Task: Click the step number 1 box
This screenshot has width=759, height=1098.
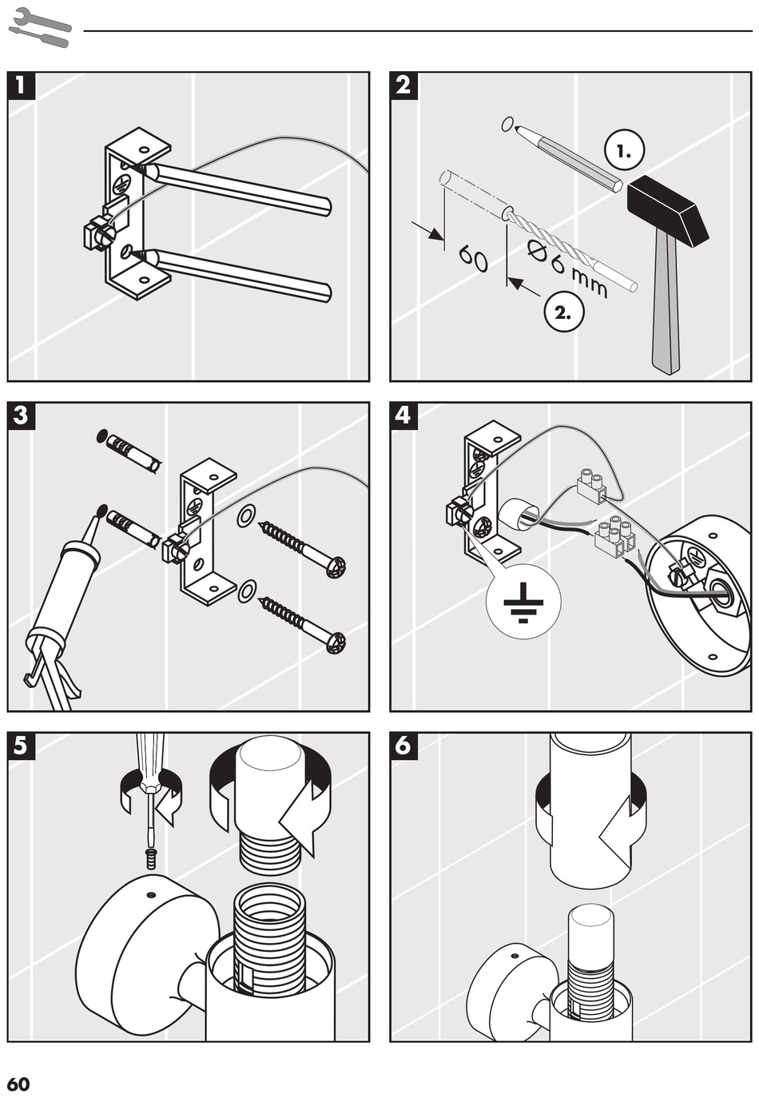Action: pyautogui.click(x=22, y=86)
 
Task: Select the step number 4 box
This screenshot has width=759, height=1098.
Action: pyautogui.click(x=403, y=416)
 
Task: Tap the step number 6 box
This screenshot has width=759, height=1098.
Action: pyautogui.click(x=403, y=746)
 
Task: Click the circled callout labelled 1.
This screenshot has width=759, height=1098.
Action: pyautogui.click(x=625, y=149)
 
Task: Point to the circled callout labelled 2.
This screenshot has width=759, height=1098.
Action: pyautogui.click(x=563, y=312)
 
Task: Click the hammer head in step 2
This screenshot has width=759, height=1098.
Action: pyautogui.click(x=667, y=210)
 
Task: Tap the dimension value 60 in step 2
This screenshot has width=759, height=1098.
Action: pyautogui.click(x=473, y=258)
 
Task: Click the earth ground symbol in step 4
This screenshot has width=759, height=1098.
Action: pyautogui.click(x=523, y=601)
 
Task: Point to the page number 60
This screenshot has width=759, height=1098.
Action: pyautogui.click(x=18, y=1084)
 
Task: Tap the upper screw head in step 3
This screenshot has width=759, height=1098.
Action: pyautogui.click(x=336, y=567)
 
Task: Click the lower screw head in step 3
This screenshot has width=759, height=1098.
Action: pyautogui.click(x=336, y=642)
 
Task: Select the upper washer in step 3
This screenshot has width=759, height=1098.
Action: pyautogui.click(x=247, y=515)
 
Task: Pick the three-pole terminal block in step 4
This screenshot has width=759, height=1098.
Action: pyautogui.click(x=614, y=537)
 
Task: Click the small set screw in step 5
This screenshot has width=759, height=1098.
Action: pyautogui.click(x=149, y=859)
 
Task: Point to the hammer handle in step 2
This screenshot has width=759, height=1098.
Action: pyautogui.click(x=666, y=304)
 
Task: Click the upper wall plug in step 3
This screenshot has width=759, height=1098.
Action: pyautogui.click(x=133, y=452)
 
